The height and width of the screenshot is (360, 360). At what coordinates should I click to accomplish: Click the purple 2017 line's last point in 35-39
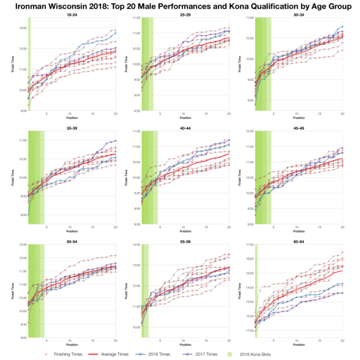click(116, 140)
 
